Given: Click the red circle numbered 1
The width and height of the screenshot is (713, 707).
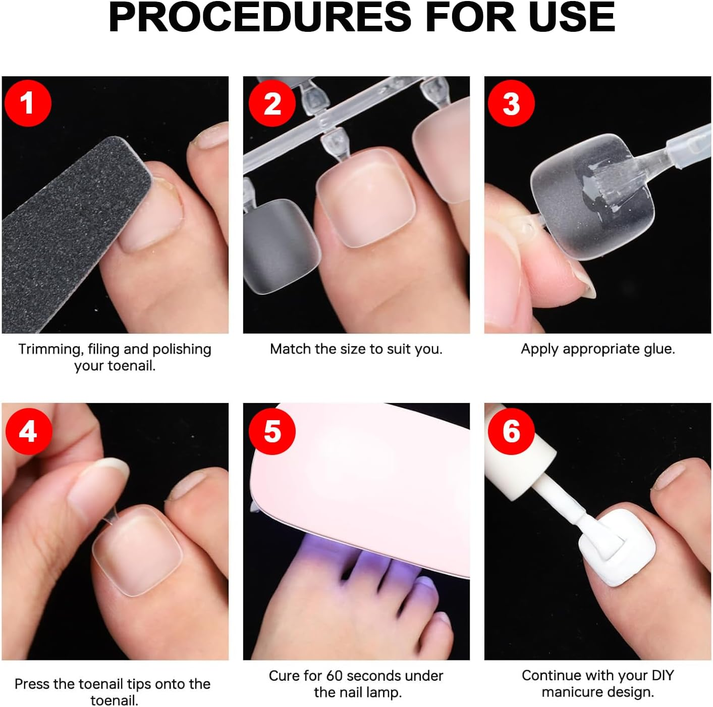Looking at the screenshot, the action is click(x=28, y=103).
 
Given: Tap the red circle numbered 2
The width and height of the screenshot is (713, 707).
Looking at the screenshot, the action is click(x=272, y=103).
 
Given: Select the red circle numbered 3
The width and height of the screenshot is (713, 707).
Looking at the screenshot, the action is click(x=511, y=103).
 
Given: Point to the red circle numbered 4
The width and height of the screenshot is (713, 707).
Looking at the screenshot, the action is click(x=28, y=431).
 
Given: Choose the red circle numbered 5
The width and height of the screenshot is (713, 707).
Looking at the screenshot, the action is click(x=272, y=431).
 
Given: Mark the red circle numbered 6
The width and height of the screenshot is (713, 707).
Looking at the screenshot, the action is click(x=511, y=431).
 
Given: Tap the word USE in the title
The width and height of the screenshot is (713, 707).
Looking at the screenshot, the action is click(x=572, y=17).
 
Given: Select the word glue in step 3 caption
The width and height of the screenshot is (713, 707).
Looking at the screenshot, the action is click(x=659, y=349).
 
